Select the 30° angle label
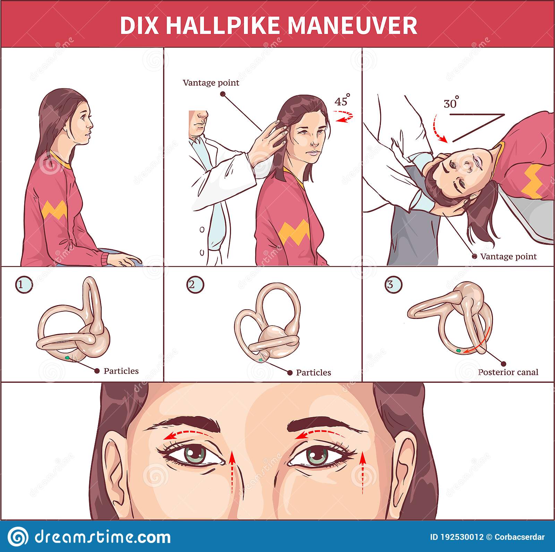point(451,103)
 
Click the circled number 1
point(24,285)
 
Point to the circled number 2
point(195,285)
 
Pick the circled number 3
point(394,285)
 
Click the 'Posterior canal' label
point(508,372)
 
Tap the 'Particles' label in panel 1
point(121,371)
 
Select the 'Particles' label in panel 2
point(314,372)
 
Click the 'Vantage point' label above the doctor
point(211,83)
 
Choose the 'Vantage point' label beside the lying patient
point(509,256)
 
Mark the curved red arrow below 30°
point(438,130)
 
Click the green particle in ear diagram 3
point(459,351)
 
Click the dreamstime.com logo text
point(103,537)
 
